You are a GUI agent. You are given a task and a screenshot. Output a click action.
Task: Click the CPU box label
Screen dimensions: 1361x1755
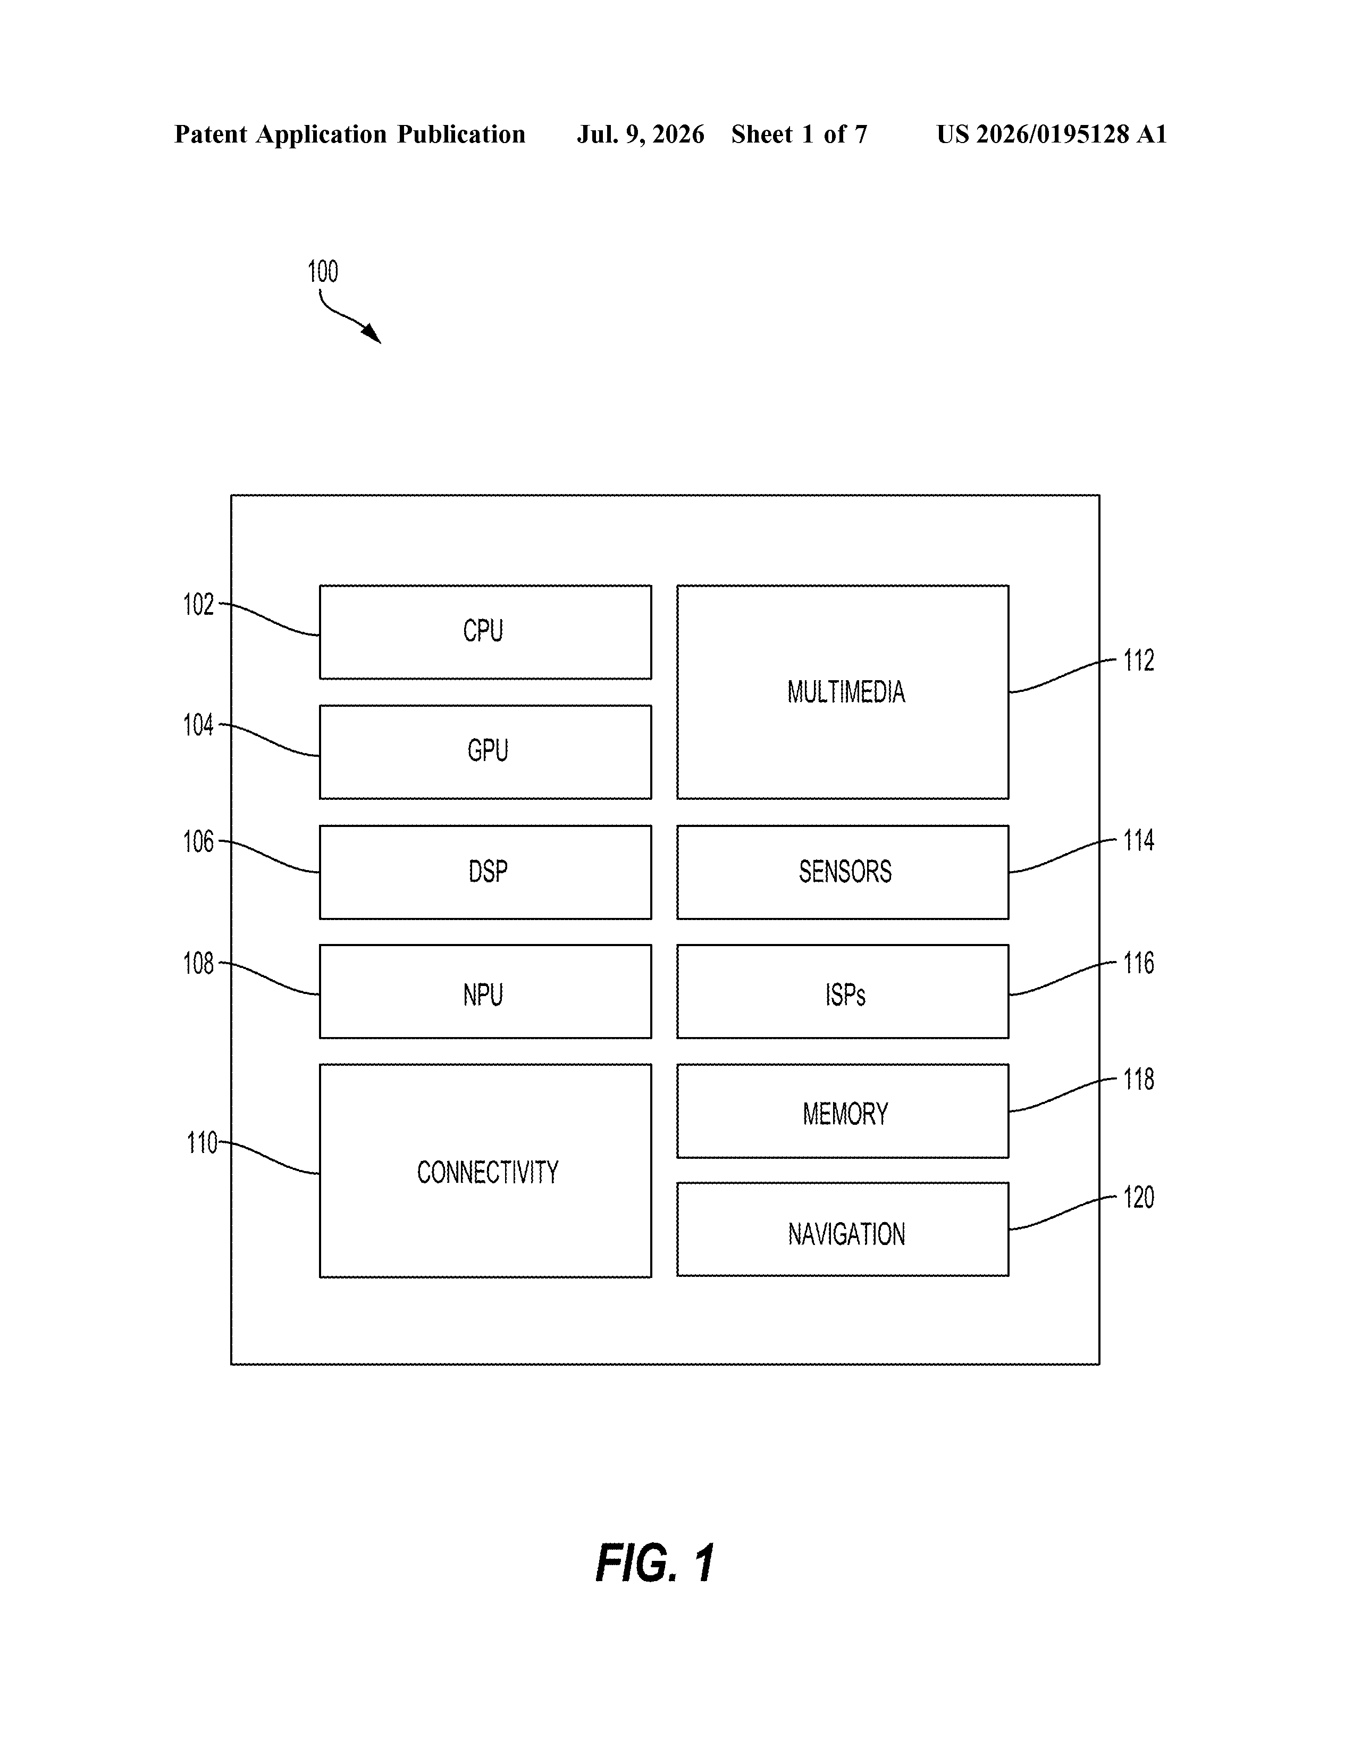pos(483,631)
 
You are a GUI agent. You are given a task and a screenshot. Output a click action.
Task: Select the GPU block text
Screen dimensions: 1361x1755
pos(488,750)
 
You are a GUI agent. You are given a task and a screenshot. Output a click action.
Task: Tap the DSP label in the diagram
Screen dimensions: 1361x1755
pos(488,871)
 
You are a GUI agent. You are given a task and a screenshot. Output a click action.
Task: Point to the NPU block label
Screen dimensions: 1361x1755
pos(483,995)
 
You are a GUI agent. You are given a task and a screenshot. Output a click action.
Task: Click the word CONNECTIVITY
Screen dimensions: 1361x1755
pos(488,1173)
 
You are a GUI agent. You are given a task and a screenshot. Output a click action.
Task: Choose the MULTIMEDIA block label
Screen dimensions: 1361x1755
pos(846,692)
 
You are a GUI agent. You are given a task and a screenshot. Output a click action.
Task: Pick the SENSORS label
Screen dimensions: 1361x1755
pos(845,871)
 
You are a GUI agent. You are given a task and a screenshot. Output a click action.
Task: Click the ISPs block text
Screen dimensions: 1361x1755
pos(845,995)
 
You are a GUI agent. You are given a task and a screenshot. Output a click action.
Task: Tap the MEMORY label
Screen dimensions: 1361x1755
pos(845,1114)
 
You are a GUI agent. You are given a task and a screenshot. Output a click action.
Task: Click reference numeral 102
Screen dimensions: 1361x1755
pos(198,604)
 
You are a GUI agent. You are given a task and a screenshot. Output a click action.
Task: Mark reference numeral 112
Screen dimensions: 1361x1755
pos(1138,661)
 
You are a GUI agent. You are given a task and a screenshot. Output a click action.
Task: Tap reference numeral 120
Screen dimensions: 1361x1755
pos(1138,1197)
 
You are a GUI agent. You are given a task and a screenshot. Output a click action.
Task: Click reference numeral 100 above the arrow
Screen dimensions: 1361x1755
pos(323,272)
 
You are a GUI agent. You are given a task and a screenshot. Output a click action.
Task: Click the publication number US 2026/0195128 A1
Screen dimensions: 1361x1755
pos(1052,134)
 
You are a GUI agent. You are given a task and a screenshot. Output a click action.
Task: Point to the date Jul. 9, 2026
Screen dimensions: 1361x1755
pos(640,134)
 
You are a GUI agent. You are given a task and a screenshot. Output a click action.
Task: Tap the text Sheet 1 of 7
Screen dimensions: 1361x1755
pos(800,134)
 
